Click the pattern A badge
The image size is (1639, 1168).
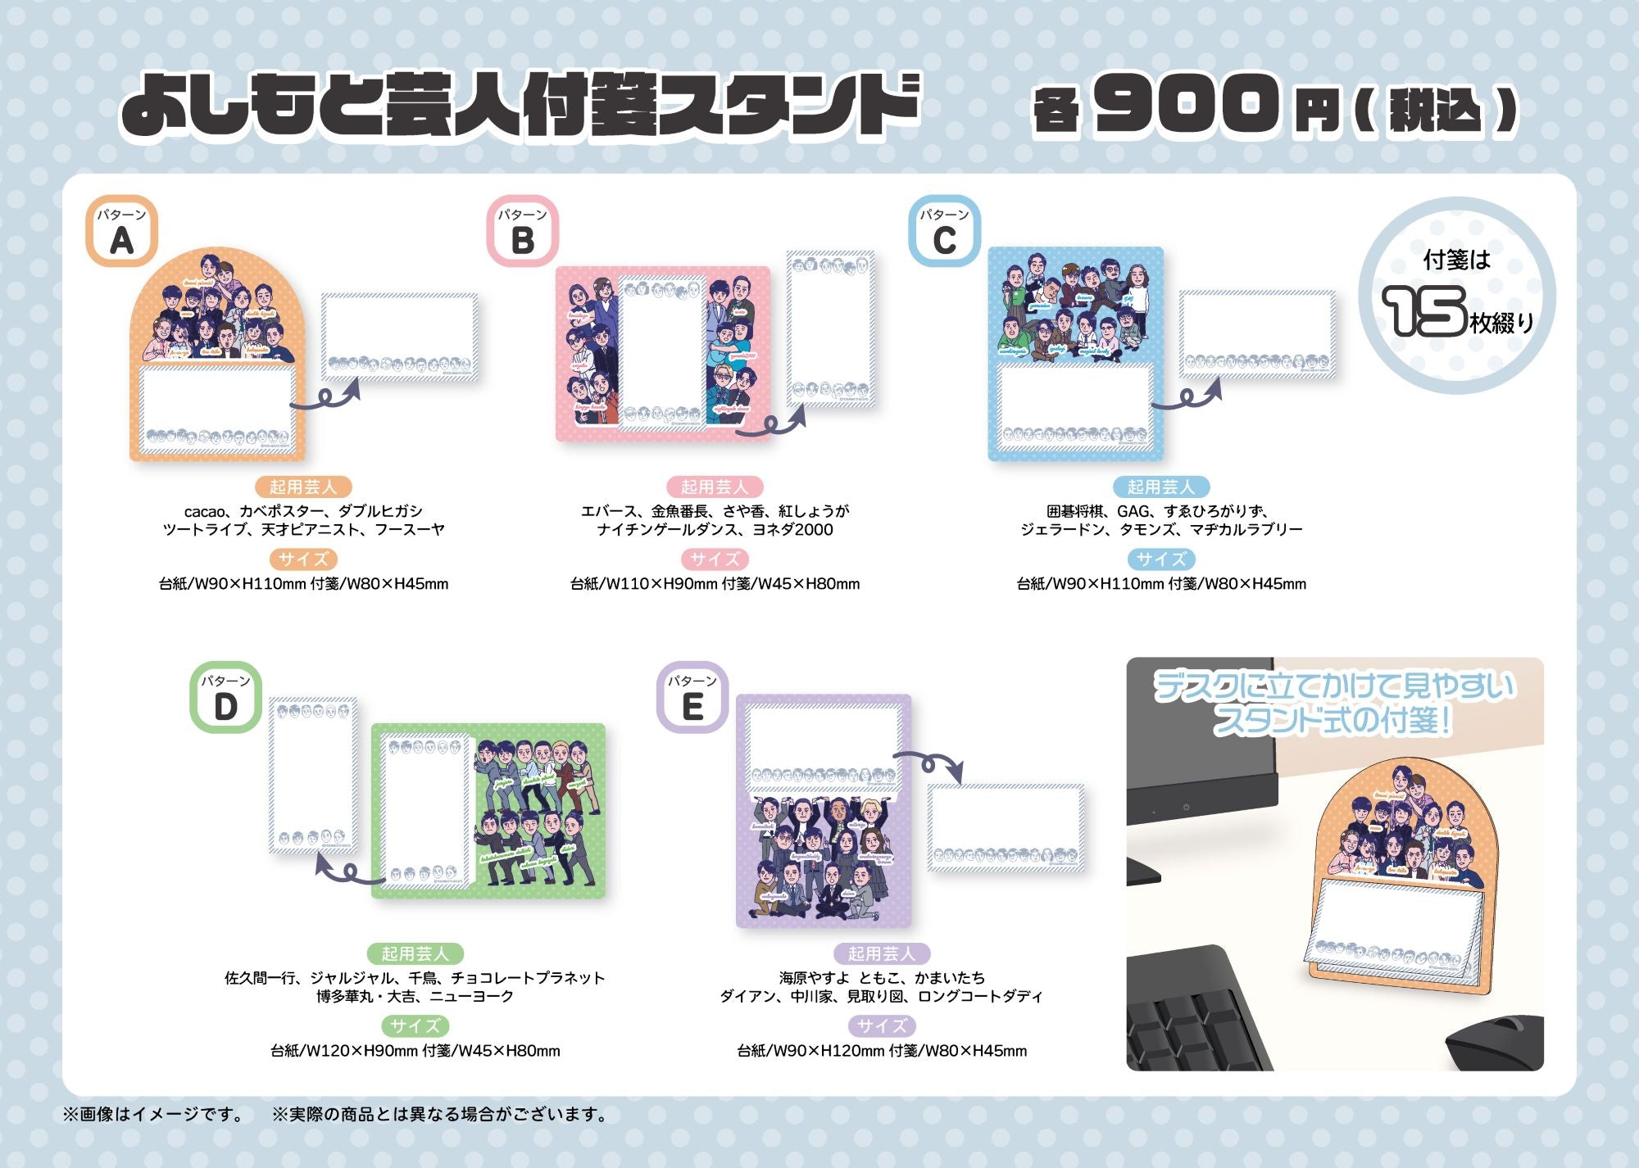click(121, 231)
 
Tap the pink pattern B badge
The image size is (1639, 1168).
click(523, 231)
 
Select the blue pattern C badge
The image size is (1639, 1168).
click(944, 231)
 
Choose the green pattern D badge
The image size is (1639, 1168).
click(225, 697)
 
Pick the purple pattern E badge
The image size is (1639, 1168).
click(692, 697)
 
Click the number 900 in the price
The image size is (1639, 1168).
click(1186, 104)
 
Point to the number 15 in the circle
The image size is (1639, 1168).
click(1423, 311)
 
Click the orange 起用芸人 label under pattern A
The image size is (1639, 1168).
click(303, 487)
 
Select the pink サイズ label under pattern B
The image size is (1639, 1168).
click(715, 559)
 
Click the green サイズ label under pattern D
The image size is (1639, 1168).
click(415, 1025)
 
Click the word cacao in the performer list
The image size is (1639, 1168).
click(203, 511)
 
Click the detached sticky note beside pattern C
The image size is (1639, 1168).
click(1257, 333)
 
